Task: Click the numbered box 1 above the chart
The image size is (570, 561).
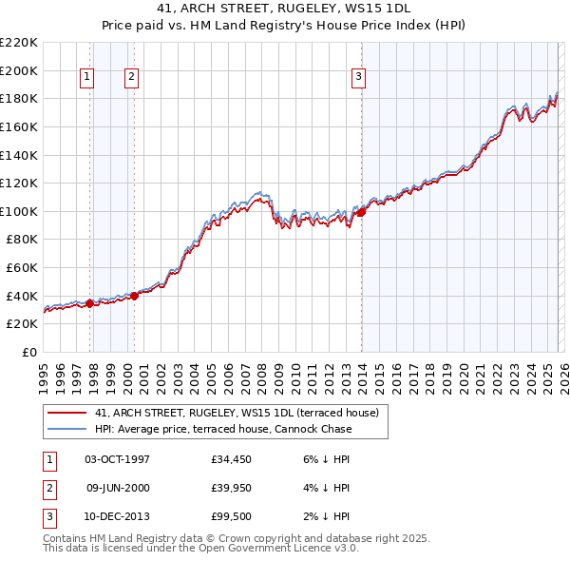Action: (86, 77)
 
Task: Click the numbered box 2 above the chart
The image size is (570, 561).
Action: (131, 77)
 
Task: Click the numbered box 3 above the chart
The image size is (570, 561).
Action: (359, 77)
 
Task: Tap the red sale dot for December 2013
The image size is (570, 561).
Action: (361, 212)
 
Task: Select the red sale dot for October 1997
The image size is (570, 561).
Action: (90, 303)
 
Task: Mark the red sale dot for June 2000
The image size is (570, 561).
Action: (135, 296)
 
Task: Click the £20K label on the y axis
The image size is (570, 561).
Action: (22, 324)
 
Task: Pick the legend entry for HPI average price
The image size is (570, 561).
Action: (223, 429)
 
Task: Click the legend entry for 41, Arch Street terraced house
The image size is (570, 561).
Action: (237, 413)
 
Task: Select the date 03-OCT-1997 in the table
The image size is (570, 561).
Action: (117, 459)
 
